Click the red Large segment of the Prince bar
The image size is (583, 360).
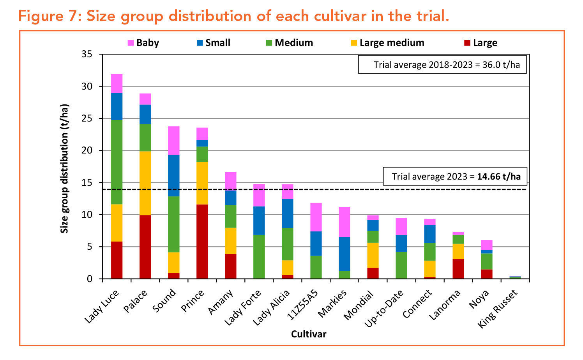pyautogui.click(x=202, y=242)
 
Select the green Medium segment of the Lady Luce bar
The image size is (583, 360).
pyautogui.click(x=117, y=162)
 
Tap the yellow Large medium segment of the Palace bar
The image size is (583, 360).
pyautogui.click(x=145, y=183)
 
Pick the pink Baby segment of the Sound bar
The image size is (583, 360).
pyautogui.click(x=173, y=140)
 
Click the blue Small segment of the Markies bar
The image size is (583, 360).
pyautogui.click(x=344, y=254)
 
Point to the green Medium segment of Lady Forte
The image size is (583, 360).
pyautogui.click(x=259, y=256)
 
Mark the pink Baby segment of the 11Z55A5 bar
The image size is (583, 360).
pyautogui.click(x=316, y=217)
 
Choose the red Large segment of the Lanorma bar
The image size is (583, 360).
pyautogui.click(x=458, y=269)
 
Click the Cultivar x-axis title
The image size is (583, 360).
pyautogui.click(x=309, y=334)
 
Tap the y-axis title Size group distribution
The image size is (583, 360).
pyautogui.click(x=65, y=168)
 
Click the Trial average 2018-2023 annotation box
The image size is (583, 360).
pyautogui.click(x=442, y=65)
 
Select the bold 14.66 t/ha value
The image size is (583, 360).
pyautogui.click(x=499, y=176)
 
